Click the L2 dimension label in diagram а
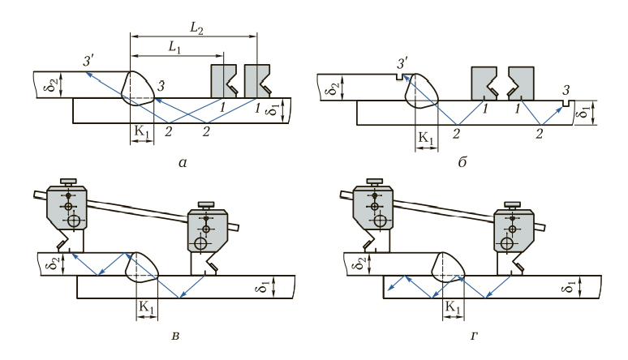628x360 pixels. coord(196,28)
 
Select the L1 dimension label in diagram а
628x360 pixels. coord(174,48)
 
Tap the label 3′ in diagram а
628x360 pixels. coord(88,62)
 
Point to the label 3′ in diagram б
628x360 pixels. coord(402,63)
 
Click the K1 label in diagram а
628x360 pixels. coord(142,131)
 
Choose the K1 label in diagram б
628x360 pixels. coord(426,138)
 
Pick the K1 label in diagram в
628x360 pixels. coord(147,307)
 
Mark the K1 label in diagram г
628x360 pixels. coord(453,307)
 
